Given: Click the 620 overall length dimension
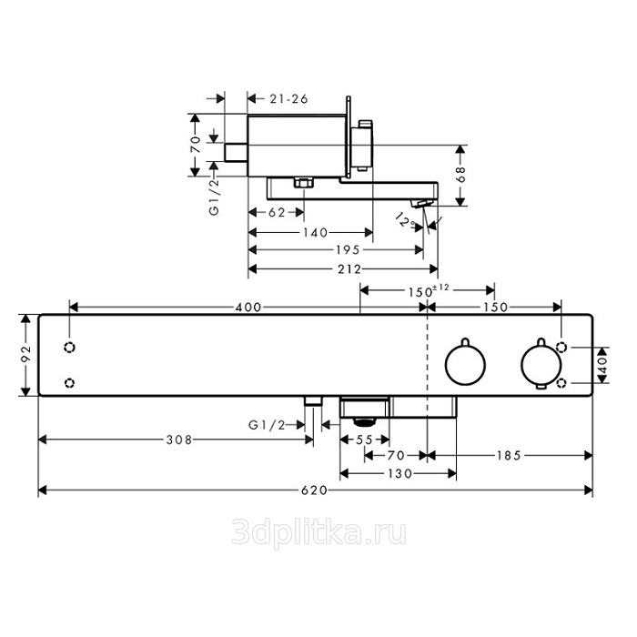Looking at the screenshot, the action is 315,490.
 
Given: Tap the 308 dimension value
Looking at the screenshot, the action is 179,440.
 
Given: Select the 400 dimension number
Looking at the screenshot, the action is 248,308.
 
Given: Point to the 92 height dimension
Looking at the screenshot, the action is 26,354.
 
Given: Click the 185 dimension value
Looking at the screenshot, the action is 509,456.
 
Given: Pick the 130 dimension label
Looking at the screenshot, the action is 399,474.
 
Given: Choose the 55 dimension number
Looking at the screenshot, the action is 364,440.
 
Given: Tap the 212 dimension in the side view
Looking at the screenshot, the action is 349,269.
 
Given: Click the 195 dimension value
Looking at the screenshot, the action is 348,250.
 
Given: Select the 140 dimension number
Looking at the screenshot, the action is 315,233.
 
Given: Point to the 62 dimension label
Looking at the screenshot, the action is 277,212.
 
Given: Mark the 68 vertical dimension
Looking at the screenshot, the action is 461,175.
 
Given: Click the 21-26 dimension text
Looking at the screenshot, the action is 288,98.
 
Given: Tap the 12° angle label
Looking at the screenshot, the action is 406,220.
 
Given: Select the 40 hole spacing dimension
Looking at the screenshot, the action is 602,364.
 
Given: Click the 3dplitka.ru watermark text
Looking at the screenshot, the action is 318,533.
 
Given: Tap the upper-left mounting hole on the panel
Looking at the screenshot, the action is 70,348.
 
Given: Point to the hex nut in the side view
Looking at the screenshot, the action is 304,183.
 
